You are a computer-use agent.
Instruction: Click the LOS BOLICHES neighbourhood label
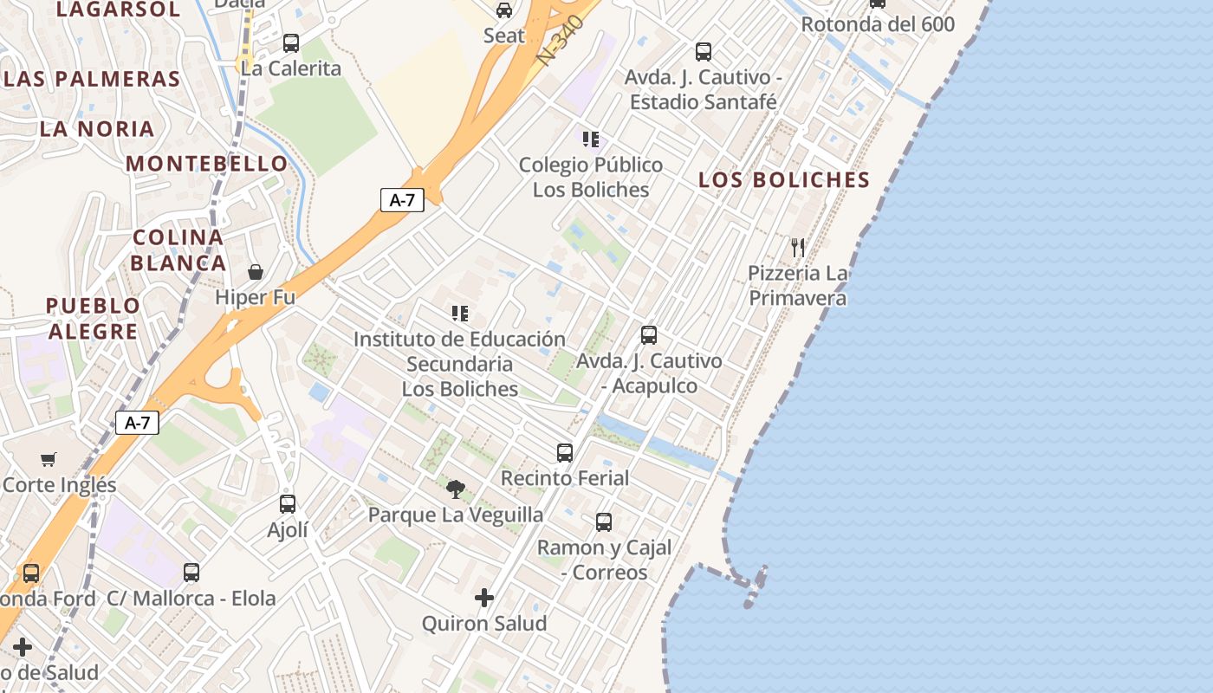(784, 180)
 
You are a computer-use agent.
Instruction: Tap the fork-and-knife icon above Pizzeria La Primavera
(798, 248)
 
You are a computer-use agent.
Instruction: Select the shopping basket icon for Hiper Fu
(256, 272)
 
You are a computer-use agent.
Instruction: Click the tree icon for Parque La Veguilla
(456, 489)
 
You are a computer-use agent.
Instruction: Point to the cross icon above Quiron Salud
(484, 598)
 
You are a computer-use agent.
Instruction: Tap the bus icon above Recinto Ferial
(565, 452)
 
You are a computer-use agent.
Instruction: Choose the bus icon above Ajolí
(288, 503)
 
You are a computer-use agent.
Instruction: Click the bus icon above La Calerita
(291, 42)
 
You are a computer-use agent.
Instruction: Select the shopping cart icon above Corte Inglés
(49, 459)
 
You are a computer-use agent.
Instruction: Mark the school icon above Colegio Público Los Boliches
(591, 139)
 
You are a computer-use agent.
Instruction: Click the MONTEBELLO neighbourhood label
(206, 164)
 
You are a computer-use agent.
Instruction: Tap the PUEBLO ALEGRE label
(93, 318)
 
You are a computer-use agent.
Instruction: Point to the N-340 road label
(561, 39)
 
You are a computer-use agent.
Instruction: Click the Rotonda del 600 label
(878, 24)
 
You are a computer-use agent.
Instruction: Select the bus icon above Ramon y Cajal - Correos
(604, 522)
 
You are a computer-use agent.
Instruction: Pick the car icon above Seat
(504, 10)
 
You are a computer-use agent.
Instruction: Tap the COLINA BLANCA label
(178, 249)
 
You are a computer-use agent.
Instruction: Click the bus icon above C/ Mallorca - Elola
(191, 573)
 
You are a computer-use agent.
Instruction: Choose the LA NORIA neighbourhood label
(97, 129)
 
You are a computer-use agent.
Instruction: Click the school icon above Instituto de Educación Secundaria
(460, 313)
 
